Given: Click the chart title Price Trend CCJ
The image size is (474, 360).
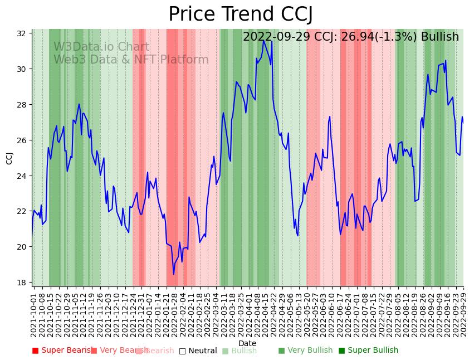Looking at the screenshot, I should click(x=240, y=14).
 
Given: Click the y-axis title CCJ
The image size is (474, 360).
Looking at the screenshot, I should click(x=9, y=158).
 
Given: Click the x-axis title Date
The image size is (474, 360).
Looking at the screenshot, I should click(x=247, y=343).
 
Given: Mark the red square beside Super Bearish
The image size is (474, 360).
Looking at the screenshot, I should click(x=36, y=351).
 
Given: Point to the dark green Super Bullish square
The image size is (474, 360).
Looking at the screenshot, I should click(x=341, y=351).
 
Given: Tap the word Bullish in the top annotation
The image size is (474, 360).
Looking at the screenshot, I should click(x=440, y=37).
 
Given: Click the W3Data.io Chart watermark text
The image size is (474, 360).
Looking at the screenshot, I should click(x=101, y=47).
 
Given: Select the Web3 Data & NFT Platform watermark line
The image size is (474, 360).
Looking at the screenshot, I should click(x=131, y=60).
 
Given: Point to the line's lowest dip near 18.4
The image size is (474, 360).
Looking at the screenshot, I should click(x=173, y=274).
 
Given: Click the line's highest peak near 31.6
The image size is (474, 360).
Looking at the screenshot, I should click(x=264, y=41).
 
